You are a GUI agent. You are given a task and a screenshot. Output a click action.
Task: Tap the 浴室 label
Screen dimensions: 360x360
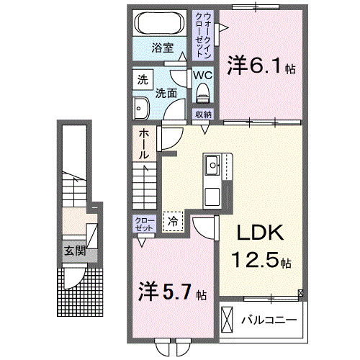tap(163, 48)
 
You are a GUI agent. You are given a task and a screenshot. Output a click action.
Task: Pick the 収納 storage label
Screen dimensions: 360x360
tap(204, 114)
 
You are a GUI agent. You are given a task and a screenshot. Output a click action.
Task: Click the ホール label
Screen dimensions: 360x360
tap(144, 144)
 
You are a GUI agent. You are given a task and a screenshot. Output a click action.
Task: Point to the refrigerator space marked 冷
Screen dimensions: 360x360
tap(174, 222)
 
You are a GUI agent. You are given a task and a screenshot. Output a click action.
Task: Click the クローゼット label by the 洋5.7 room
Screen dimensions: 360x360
tap(144, 223)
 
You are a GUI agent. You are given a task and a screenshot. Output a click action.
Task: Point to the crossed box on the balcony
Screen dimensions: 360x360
tap(228, 318)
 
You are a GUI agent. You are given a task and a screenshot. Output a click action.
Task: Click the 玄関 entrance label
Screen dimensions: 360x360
tap(75, 251)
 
